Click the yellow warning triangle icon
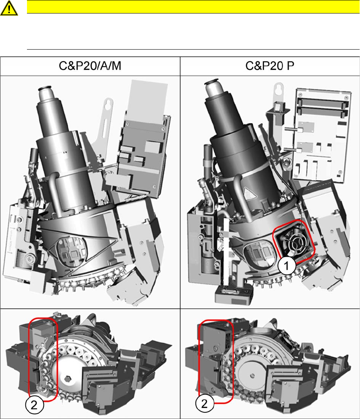(x=9, y=8)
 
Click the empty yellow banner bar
(x=193, y=7)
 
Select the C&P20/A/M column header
(x=90, y=66)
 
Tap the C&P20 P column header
(x=270, y=66)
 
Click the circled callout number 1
(x=287, y=265)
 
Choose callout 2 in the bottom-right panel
(x=205, y=403)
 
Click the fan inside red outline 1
(x=295, y=242)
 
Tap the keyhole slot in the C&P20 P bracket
(x=279, y=88)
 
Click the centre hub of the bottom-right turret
(x=252, y=376)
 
